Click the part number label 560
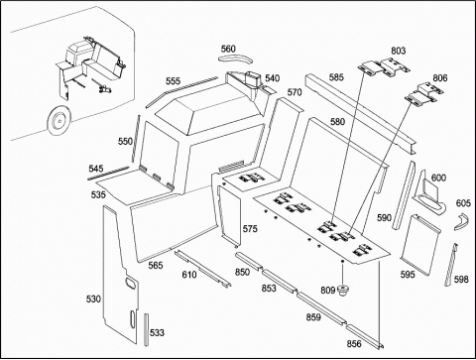tap(228, 49)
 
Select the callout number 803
tap(398, 51)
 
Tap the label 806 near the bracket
tap(440, 78)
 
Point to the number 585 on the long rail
tap(336, 77)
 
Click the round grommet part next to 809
tap(343, 292)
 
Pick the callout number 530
tap(93, 299)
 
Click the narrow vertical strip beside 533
tap(146, 329)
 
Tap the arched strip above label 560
tap(235, 60)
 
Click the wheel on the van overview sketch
tap(59, 121)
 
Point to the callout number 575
tap(250, 229)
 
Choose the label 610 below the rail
tap(189, 275)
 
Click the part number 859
tap(313, 317)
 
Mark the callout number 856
tap(354, 344)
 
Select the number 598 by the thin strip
tap(461, 280)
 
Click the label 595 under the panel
tap(408, 275)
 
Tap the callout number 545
tap(96, 169)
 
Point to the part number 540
tap(273, 78)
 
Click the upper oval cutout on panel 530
tap(131, 284)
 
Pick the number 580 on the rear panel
tap(337, 122)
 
